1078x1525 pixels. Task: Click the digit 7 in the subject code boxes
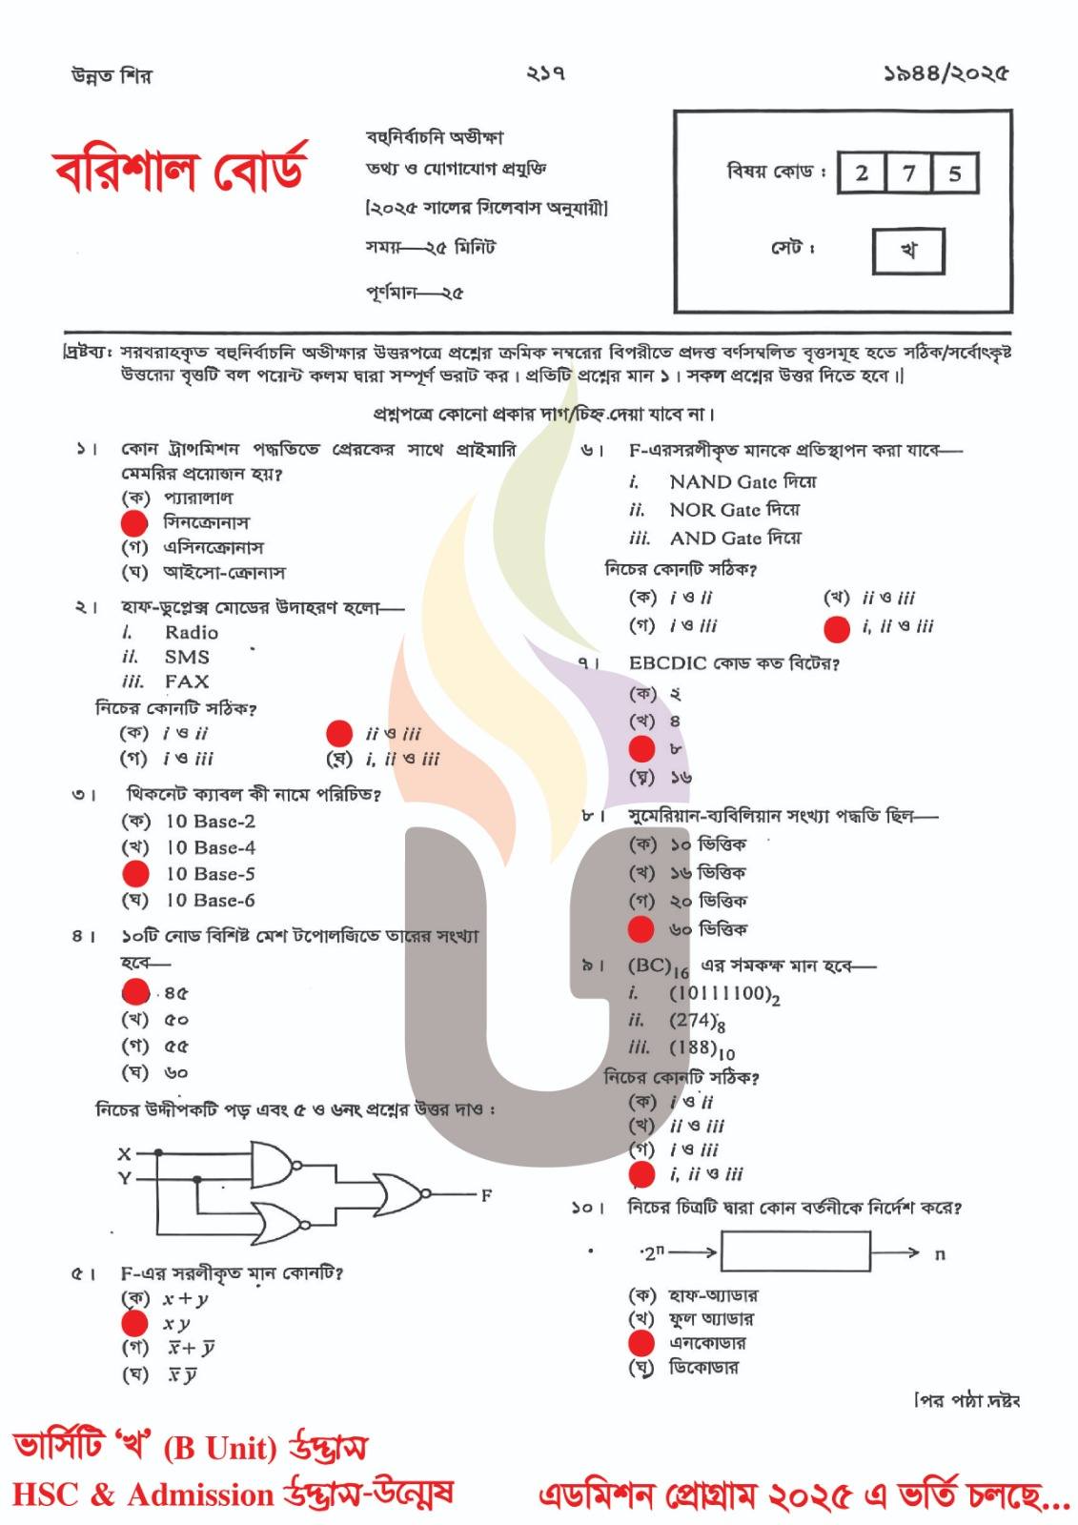pyautogui.click(x=908, y=173)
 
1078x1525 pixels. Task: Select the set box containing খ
pyautogui.click(x=908, y=251)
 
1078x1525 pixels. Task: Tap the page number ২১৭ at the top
pyautogui.click(x=545, y=73)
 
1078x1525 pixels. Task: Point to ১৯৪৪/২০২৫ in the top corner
pyautogui.click(x=945, y=73)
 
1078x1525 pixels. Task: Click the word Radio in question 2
pyautogui.click(x=192, y=633)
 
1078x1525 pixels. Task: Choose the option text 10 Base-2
pyautogui.click(x=210, y=822)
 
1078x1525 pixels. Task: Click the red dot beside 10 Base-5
pyautogui.click(x=136, y=874)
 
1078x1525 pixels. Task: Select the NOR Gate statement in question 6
pyautogui.click(x=734, y=510)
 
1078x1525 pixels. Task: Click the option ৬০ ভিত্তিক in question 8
pyautogui.click(x=708, y=929)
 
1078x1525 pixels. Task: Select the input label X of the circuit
pyautogui.click(x=124, y=1154)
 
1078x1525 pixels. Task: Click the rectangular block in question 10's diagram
pyautogui.click(x=796, y=1251)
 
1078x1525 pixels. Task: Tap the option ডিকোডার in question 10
pyautogui.click(x=703, y=1368)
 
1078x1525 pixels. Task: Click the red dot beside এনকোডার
pyautogui.click(x=641, y=1344)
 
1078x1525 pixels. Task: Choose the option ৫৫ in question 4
pyautogui.click(x=176, y=1047)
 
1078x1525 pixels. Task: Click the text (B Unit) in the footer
pyautogui.click(x=219, y=1449)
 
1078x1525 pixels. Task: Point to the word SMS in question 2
pyautogui.click(x=187, y=658)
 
